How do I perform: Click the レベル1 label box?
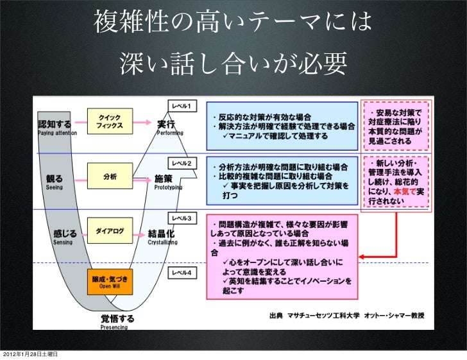click(183, 105)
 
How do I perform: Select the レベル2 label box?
click(183, 164)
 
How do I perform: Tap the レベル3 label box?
click(183, 218)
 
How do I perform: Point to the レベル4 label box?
click(183, 273)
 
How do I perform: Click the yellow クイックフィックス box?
click(110, 120)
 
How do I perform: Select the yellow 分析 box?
click(110, 176)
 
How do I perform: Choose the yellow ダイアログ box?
click(110, 230)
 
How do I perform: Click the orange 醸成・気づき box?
click(110, 282)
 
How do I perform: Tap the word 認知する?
click(54, 124)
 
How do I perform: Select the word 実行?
click(166, 124)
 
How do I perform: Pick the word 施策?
click(164, 178)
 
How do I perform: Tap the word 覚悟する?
click(117, 318)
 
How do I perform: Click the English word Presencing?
click(114, 327)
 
